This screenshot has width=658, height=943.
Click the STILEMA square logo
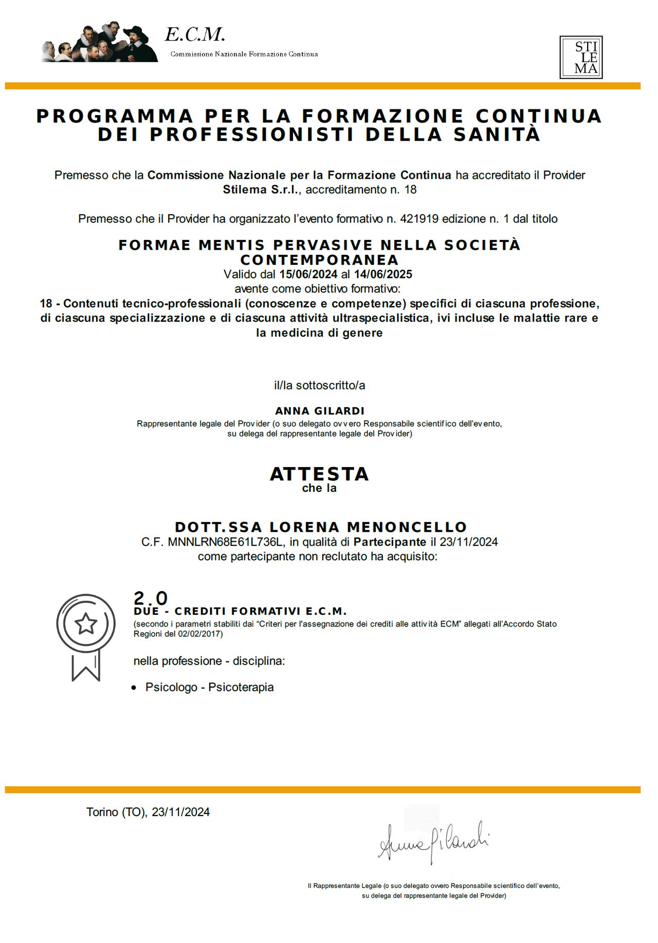click(x=581, y=57)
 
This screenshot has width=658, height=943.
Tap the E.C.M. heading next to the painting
click(x=195, y=35)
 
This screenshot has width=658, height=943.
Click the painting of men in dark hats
click(x=100, y=43)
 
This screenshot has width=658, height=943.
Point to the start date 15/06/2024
click(x=308, y=274)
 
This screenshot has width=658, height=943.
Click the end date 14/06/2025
click(x=383, y=274)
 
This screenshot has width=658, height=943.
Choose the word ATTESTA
click(x=319, y=474)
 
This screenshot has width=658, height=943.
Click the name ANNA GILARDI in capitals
click(x=320, y=411)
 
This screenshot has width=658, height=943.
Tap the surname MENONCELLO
click(x=407, y=527)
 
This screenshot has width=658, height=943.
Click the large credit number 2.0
click(x=151, y=598)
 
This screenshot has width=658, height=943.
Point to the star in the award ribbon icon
click(x=86, y=623)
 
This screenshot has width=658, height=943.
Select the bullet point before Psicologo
click(x=134, y=688)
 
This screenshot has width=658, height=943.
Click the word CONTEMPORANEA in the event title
click(x=319, y=260)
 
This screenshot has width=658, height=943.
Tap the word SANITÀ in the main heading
click(x=497, y=135)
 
